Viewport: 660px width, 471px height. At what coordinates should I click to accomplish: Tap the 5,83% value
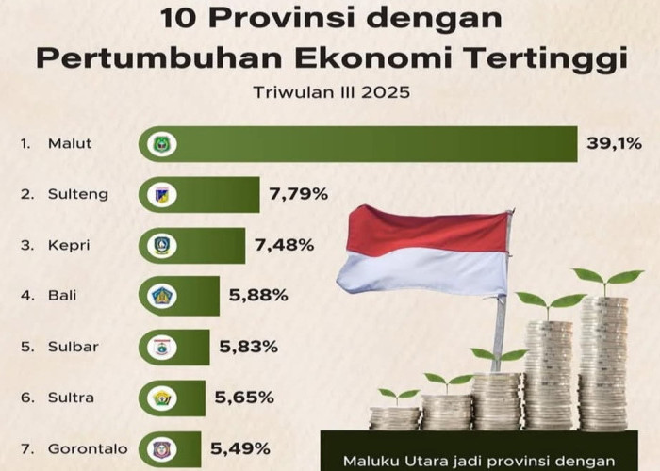(250, 347)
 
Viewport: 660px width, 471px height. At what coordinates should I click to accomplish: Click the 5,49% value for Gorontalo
(241, 448)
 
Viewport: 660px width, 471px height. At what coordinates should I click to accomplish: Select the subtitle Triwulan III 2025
(330, 92)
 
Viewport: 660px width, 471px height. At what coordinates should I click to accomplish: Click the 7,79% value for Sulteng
(298, 195)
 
